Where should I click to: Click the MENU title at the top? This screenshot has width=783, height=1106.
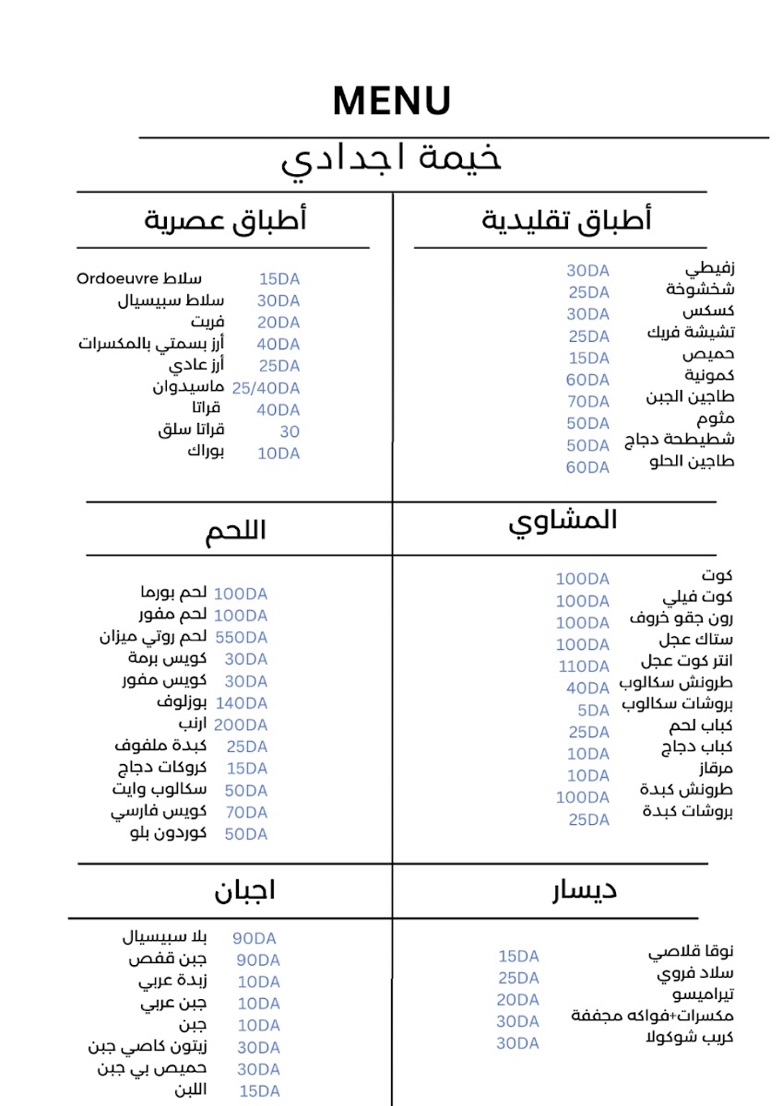(x=391, y=100)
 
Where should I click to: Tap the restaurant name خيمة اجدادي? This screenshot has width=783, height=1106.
(x=391, y=159)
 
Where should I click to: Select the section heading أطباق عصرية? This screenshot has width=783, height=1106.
(x=225, y=220)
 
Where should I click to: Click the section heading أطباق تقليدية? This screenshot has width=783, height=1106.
(x=566, y=220)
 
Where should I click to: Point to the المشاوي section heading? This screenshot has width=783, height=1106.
(x=563, y=521)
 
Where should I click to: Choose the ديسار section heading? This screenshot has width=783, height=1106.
(x=585, y=889)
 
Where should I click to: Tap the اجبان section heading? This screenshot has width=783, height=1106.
(x=244, y=891)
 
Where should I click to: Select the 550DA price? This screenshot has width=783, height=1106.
(x=241, y=638)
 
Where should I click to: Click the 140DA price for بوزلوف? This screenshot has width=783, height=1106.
(x=241, y=703)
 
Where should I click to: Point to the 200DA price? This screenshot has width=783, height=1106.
(x=241, y=725)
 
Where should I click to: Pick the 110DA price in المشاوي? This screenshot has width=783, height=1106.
(x=583, y=666)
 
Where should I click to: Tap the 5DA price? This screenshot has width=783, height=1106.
(x=593, y=711)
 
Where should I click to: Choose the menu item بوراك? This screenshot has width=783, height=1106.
(x=206, y=451)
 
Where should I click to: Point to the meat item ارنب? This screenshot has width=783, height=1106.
(x=192, y=724)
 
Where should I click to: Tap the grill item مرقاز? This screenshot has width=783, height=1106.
(x=714, y=769)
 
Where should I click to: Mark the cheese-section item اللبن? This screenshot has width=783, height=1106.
(x=191, y=1089)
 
